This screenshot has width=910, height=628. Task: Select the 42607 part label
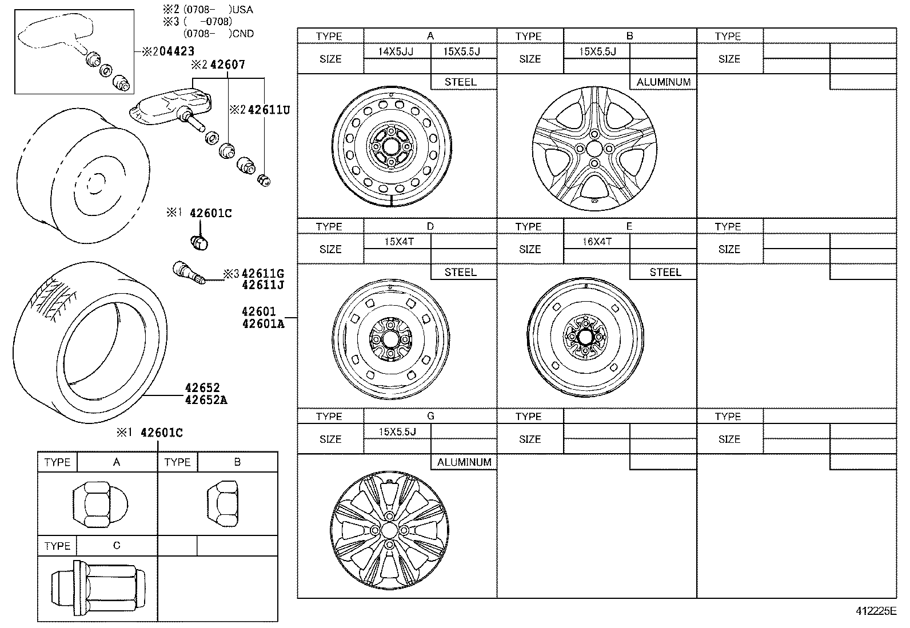(227, 65)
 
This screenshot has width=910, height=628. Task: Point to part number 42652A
(206, 400)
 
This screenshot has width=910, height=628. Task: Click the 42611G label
(262, 274)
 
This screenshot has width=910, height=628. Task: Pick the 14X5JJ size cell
(396, 51)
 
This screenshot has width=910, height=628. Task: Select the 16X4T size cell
(597, 242)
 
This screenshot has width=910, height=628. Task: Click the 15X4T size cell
(398, 242)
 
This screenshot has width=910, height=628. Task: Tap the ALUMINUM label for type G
(464, 462)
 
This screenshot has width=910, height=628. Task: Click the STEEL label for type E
(665, 273)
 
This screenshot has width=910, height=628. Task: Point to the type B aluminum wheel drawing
(594, 149)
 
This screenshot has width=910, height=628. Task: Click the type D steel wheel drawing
(391, 339)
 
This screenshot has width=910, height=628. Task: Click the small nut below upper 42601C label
(198, 243)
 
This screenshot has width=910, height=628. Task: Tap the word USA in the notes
(244, 10)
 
